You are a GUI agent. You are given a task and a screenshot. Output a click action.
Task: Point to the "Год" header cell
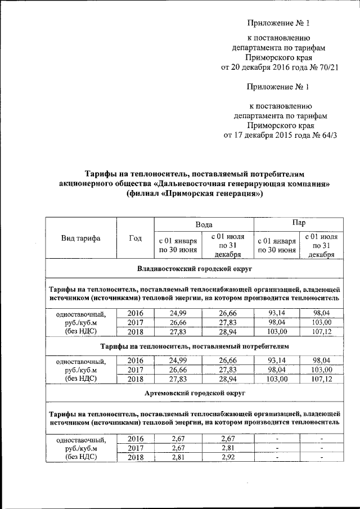[x=135, y=238]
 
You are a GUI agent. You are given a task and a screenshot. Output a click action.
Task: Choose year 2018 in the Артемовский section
[x=136, y=458]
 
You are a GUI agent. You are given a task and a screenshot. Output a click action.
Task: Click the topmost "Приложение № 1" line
[x=279, y=23]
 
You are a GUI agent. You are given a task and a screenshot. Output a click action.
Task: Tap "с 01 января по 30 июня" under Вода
[x=178, y=245]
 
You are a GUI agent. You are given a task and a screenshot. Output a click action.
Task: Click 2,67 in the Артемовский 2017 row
[x=178, y=448]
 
